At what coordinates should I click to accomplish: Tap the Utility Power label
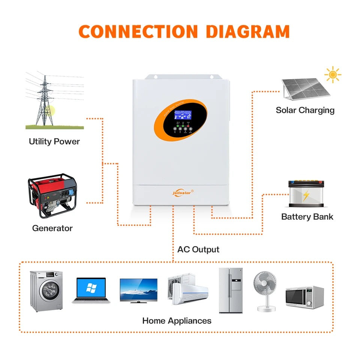[x=54, y=141]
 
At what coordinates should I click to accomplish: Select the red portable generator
[x=52, y=195]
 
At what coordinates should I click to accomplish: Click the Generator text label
[x=52, y=228]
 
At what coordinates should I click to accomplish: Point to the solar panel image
[x=304, y=89]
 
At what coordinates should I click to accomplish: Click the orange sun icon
[x=333, y=75]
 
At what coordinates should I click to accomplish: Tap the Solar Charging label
[x=305, y=110]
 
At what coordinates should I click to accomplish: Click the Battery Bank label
[x=307, y=217]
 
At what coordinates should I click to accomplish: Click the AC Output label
[x=198, y=249]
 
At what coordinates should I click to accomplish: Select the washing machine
[x=46, y=291]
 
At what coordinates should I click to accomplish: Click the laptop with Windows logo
[x=91, y=290]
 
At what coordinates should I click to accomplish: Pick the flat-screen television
[x=138, y=290]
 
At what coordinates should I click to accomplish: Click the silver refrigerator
[x=231, y=290]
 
